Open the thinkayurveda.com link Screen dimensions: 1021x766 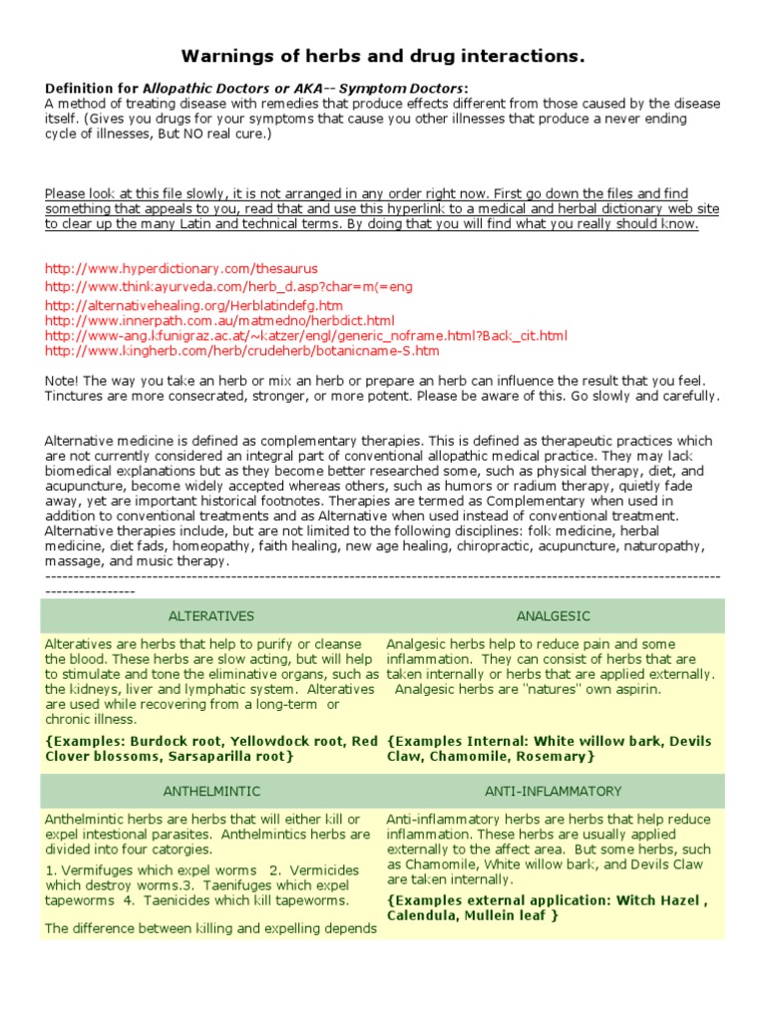coord(228,286)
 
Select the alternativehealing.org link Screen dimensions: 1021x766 coord(194,305)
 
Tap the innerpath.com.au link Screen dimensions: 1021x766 coord(219,320)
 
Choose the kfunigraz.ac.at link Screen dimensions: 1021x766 coord(306,336)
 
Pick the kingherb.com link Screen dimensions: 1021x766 coord(242,351)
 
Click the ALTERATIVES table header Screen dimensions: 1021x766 coord(211,616)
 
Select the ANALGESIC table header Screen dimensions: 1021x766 coord(554,616)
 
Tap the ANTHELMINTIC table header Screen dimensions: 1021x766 coord(211,791)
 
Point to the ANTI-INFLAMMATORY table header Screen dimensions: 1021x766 coord(554,791)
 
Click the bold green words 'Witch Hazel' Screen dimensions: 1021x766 coord(662,899)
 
